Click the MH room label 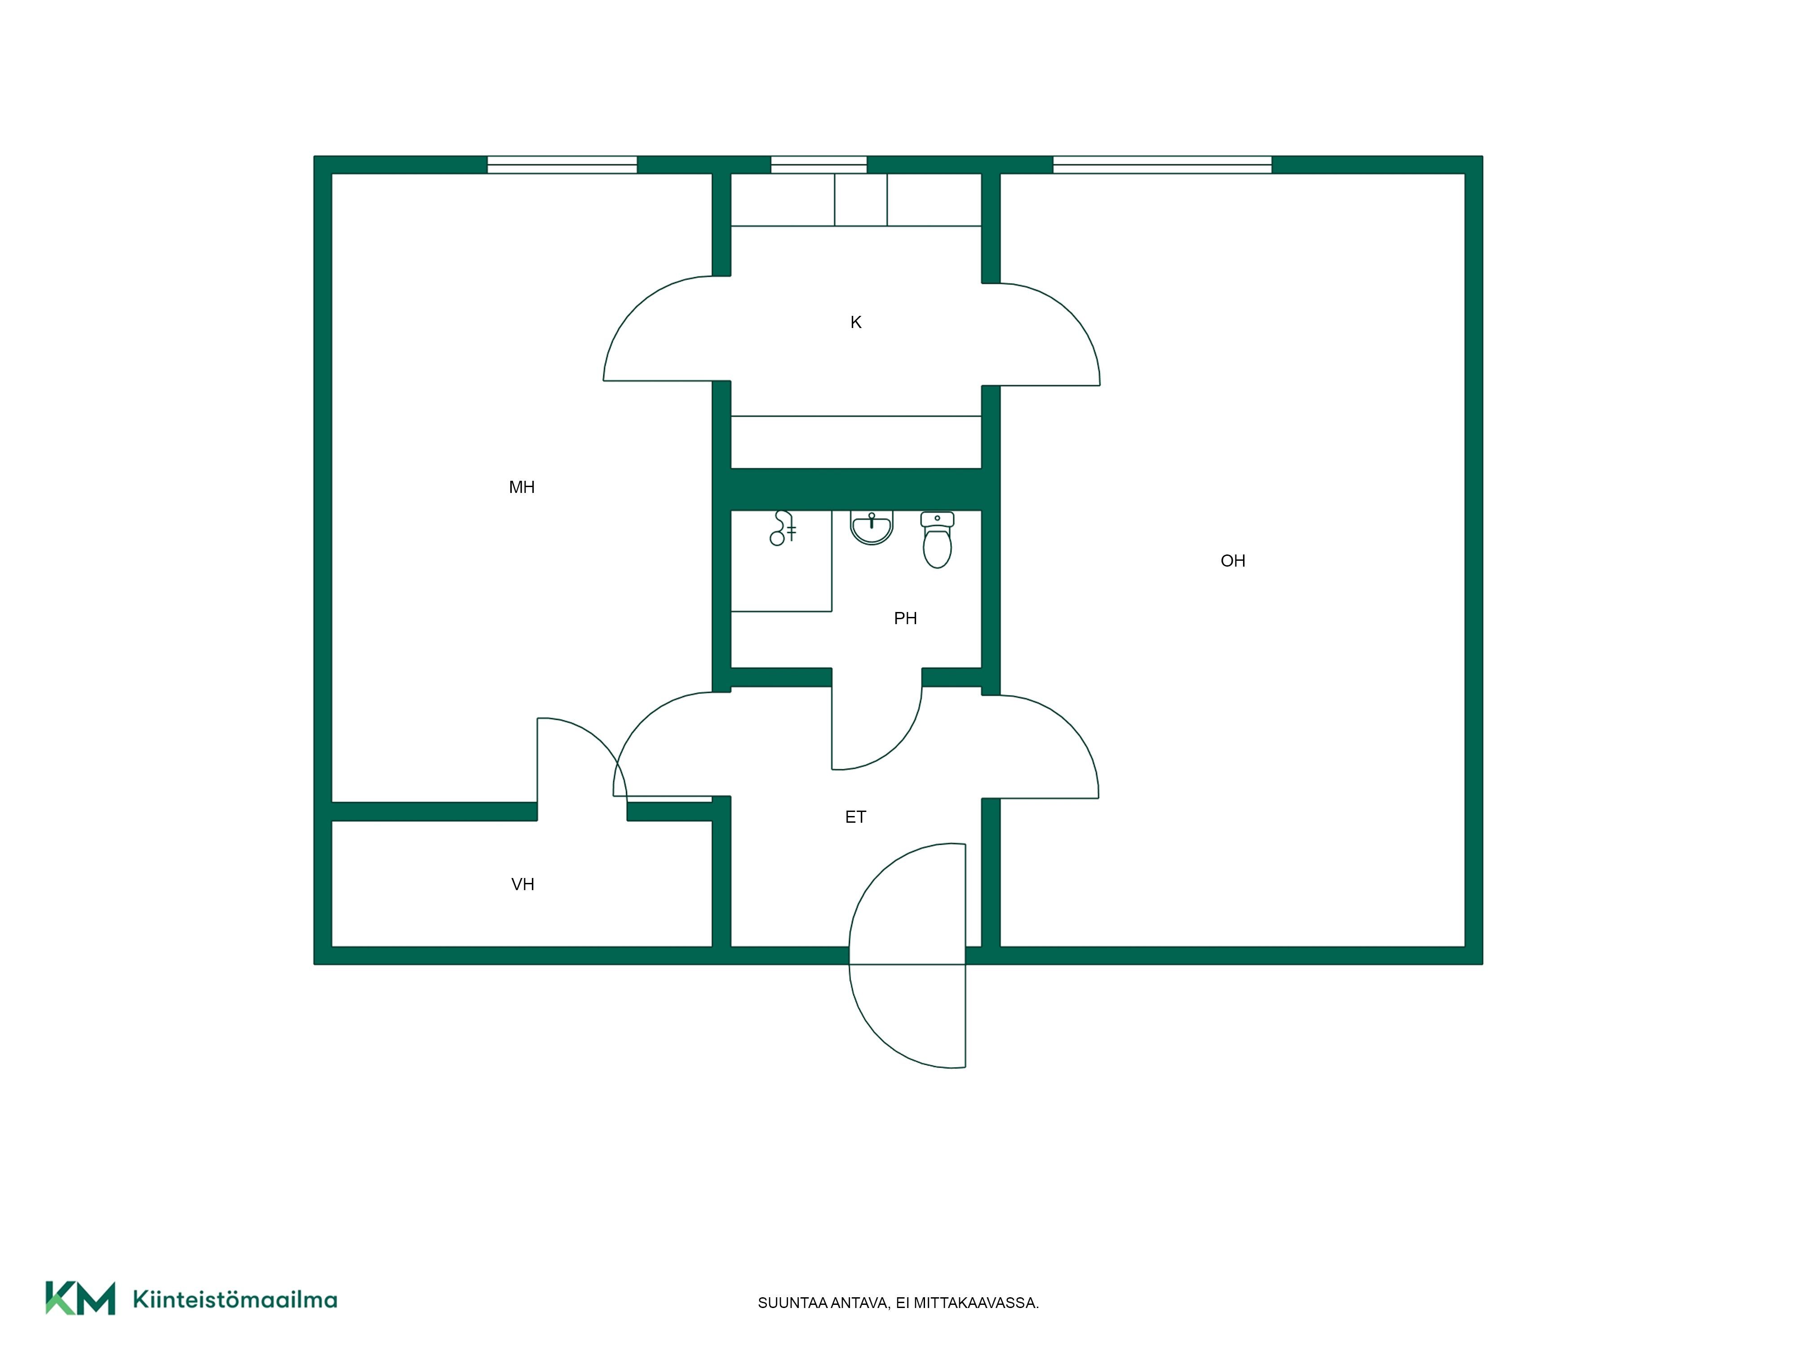[x=522, y=487]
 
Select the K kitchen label [x=855, y=323]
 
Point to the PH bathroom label [x=905, y=618]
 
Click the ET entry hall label [x=855, y=816]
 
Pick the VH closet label [x=522, y=884]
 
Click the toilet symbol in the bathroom [x=938, y=540]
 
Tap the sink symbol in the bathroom [x=872, y=527]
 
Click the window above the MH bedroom [x=562, y=165]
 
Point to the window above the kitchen [x=819, y=165]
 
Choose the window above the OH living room [x=1163, y=165]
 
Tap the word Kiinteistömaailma [x=235, y=1299]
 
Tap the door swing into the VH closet [x=601, y=740]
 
